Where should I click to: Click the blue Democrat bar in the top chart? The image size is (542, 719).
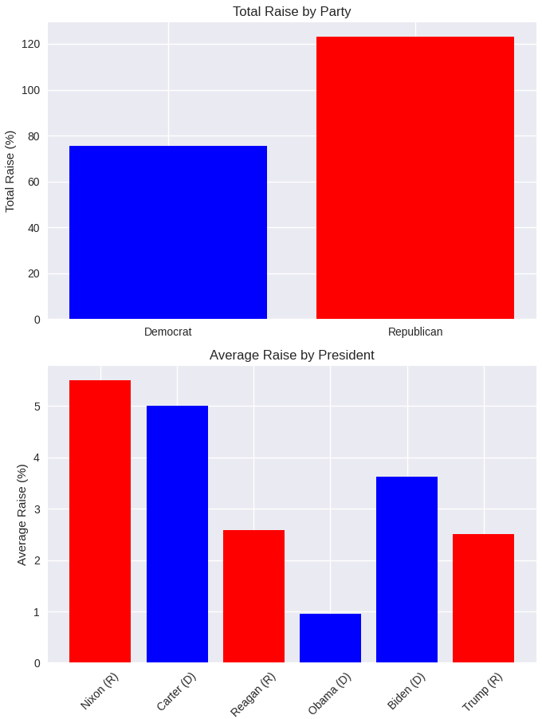[x=168, y=233]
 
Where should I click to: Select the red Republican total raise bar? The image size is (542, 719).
[x=414, y=178]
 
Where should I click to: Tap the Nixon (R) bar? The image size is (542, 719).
[x=100, y=521]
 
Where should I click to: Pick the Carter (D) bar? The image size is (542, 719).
[x=177, y=534]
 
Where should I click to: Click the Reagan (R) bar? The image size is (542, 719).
[x=253, y=596]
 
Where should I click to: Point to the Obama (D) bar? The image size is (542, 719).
[x=330, y=638]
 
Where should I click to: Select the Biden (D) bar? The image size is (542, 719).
[x=406, y=569]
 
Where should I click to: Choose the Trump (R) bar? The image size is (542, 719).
[x=483, y=598]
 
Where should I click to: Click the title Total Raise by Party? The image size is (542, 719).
[x=292, y=12]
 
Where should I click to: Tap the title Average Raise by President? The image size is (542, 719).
[x=292, y=356]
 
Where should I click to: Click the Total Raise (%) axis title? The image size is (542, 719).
[x=10, y=171]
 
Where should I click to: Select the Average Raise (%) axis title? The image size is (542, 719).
[x=22, y=515]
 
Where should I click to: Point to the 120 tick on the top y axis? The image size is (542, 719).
[x=32, y=44]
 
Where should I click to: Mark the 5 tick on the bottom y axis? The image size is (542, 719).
[x=37, y=407]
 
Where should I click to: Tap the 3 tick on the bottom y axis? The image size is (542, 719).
[x=37, y=509]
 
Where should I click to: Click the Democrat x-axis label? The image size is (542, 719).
[x=168, y=332]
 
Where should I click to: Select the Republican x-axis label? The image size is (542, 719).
[x=414, y=332]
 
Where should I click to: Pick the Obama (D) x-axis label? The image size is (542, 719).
[x=329, y=693]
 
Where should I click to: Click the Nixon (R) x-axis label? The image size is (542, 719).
[x=100, y=692]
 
